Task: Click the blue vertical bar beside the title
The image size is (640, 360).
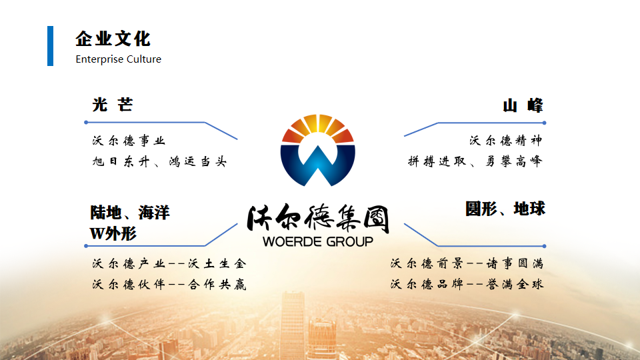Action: click(50, 46)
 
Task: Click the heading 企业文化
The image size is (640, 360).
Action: click(113, 39)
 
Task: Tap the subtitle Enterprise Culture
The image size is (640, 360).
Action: click(119, 59)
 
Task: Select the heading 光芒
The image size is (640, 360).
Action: click(113, 105)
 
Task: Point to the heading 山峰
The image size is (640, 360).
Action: click(523, 105)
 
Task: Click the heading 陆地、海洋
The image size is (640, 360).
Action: click(130, 213)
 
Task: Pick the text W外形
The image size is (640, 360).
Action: click(113, 233)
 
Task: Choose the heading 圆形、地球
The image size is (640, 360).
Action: click(505, 209)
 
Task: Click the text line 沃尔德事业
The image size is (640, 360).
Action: click(129, 141)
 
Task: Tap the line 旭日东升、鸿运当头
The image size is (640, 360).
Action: click(159, 161)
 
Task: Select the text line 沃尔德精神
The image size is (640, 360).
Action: click(506, 141)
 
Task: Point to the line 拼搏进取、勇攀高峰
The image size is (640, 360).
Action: click(475, 161)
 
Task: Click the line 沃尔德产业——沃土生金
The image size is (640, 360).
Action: click(169, 264)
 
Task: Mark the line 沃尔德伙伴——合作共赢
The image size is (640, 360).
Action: click(169, 284)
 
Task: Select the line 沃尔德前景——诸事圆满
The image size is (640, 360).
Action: click(467, 264)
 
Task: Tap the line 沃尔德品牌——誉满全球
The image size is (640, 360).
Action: click(467, 284)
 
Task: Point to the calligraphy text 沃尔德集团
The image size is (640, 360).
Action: click(318, 219)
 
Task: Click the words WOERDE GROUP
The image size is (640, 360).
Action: click(318, 241)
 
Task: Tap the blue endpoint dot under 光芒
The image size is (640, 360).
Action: click(86, 123)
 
